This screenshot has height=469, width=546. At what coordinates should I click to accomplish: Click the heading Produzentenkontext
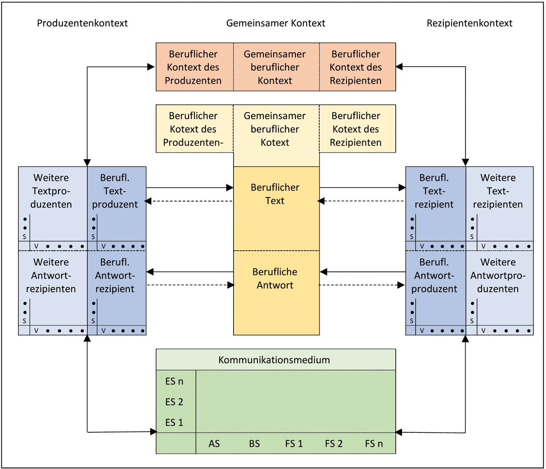coord(82,23)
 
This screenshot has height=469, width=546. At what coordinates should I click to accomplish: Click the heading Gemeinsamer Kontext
coord(275,23)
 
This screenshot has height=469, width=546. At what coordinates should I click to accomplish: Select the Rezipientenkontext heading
coord(469,23)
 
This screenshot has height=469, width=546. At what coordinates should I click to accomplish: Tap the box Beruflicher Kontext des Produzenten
coord(193,67)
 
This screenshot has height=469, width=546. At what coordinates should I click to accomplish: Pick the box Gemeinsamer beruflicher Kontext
coord(275,67)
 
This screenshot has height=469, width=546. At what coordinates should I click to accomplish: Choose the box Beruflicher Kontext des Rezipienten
coord(356,67)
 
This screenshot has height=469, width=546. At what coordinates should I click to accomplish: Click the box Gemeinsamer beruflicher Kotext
coord(275,129)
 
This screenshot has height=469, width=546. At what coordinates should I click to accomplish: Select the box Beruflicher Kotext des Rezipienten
coord(356,129)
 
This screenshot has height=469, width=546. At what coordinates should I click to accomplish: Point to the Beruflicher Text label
coord(275,194)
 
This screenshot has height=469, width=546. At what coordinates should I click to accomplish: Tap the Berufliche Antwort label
coord(275,279)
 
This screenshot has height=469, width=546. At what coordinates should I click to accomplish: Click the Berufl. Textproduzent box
coord(115,191)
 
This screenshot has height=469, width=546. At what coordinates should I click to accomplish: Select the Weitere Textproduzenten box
coord(51,191)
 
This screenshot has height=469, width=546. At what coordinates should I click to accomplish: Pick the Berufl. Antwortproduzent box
coord(434,276)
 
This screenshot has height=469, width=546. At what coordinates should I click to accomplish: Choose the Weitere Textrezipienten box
coord(498,191)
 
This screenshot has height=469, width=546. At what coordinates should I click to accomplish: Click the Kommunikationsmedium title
coord(274,360)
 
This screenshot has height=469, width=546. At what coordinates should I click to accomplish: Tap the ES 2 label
coord(174,402)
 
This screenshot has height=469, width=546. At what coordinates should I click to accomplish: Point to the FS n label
coord(374,443)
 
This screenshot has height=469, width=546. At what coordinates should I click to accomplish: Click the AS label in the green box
coord(214,443)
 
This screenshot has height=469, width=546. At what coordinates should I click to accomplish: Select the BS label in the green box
coord(254,443)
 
